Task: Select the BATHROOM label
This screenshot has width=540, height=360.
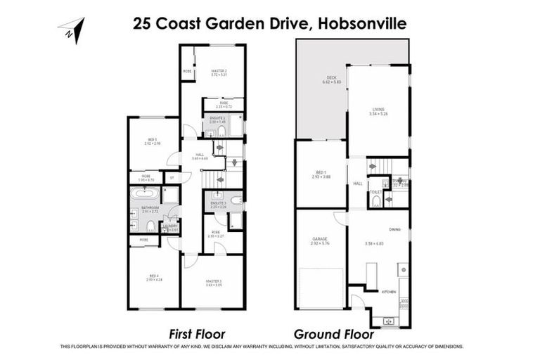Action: (x=150, y=208)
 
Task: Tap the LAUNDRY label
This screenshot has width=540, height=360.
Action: (x=172, y=226)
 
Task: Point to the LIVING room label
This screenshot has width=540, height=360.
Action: (x=378, y=109)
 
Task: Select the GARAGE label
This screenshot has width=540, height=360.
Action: (x=320, y=239)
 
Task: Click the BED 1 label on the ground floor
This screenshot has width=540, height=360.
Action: (x=320, y=173)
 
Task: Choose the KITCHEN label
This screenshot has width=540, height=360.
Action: (x=389, y=291)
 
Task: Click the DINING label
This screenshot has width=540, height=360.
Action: (x=395, y=229)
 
